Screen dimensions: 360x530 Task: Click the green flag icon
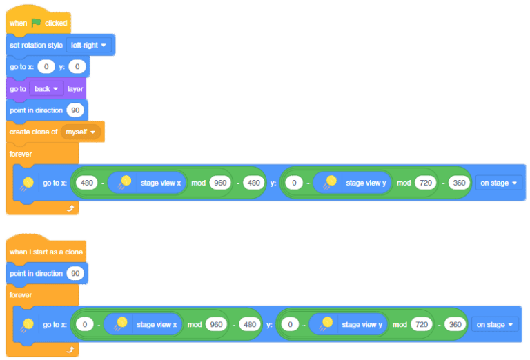tap(37, 23)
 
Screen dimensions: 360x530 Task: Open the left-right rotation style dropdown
tap(90, 45)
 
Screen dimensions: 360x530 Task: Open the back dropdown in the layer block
tap(46, 89)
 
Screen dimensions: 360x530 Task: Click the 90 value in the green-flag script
tap(75, 110)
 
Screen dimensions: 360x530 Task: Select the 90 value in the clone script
tap(75, 274)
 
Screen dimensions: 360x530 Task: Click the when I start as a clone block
tap(46, 252)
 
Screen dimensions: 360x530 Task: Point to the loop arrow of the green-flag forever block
tap(69, 207)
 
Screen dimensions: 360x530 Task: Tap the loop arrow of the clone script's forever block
tap(69, 350)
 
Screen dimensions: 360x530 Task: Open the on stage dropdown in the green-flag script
tap(498, 183)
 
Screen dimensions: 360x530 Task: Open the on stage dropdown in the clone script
tap(495, 325)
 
